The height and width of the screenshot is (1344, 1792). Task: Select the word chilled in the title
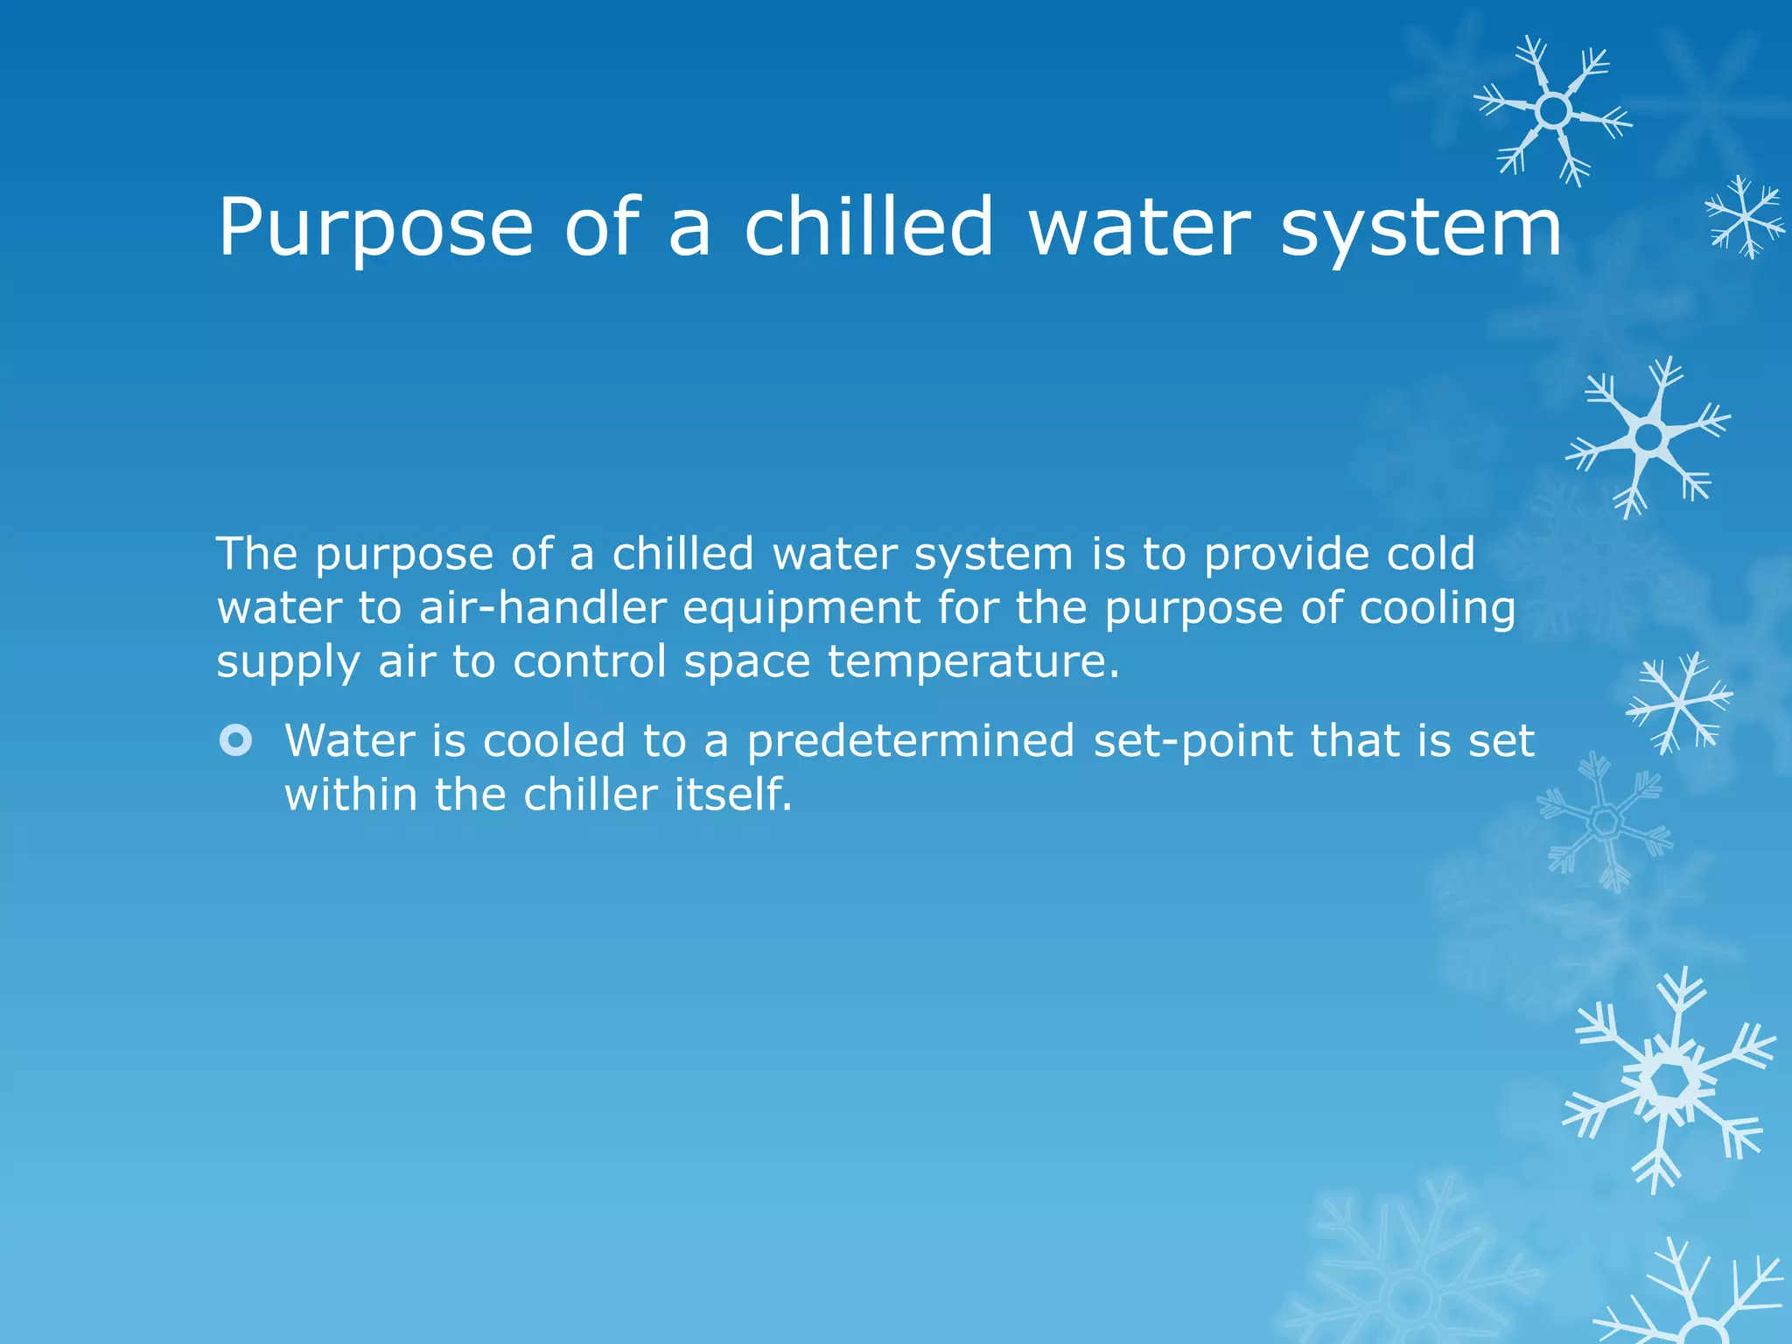(869, 227)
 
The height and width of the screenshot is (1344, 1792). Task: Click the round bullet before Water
(235, 741)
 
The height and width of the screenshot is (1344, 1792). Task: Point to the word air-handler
(542, 608)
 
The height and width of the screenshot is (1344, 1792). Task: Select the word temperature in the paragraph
(973, 662)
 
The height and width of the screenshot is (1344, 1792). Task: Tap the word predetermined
(910, 742)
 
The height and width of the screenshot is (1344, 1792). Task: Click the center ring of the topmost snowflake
(1553, 111)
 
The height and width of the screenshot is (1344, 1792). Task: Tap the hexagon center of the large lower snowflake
(1672, 1082)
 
